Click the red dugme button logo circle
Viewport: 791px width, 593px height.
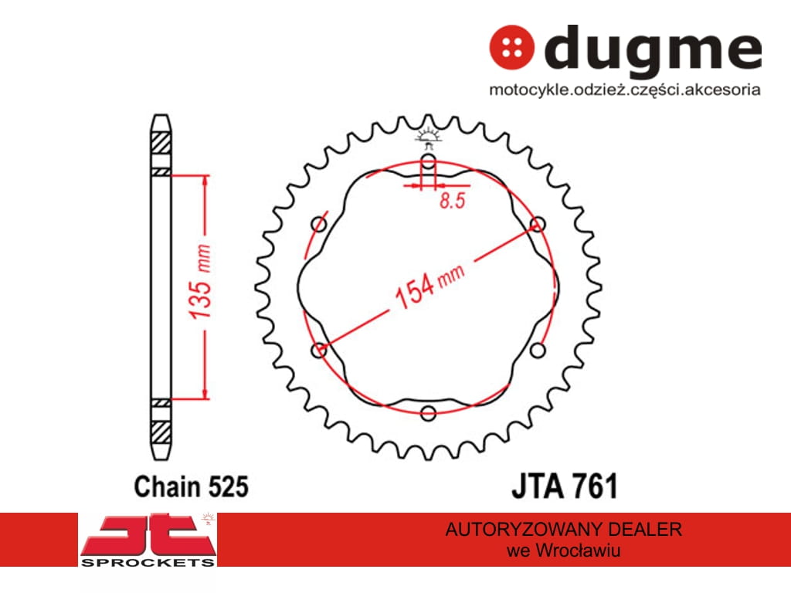511,47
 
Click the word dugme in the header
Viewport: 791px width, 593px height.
653,49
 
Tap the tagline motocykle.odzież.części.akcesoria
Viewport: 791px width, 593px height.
624,90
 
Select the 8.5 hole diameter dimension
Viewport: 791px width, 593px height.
452,200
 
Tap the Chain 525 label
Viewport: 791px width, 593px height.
192,486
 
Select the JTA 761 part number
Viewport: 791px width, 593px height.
565,486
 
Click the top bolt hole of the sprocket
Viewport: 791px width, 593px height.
428,162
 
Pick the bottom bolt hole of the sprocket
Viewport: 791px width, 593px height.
428,413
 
